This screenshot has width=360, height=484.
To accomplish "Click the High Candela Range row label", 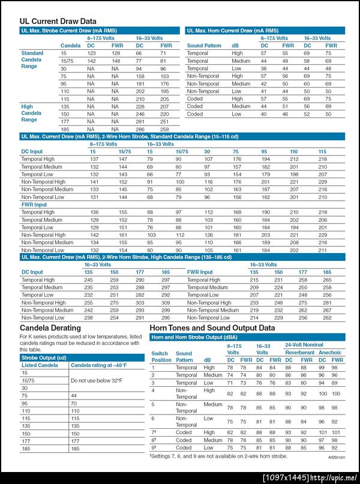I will (32, 113).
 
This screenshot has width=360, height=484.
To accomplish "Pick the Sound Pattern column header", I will (204, 46).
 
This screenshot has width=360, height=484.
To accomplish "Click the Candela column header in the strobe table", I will (71, 46).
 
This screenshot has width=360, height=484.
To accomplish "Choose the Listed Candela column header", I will (40, 365).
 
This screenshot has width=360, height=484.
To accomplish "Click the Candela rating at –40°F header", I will (99, 365).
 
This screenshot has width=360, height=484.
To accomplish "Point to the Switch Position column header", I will (161, 357).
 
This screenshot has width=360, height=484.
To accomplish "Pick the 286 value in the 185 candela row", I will (140, 129).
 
